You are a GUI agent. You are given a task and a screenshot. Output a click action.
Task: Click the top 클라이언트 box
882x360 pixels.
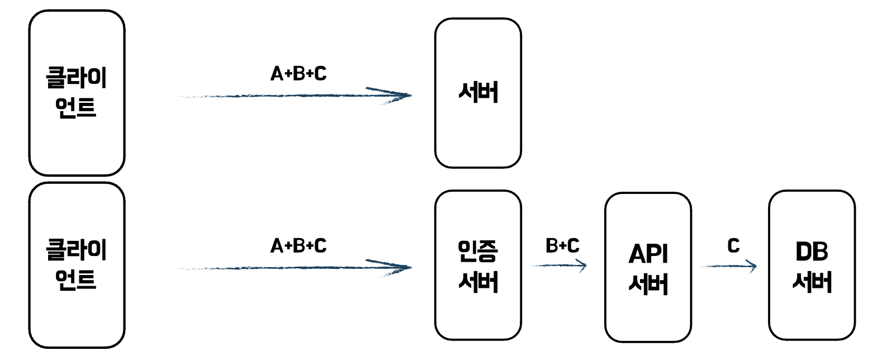click(x=77, y=93)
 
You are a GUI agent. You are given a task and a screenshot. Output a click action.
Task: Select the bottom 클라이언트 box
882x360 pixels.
click(x=77, y=265)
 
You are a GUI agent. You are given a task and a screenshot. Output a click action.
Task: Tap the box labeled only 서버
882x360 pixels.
click(x=478, y=93)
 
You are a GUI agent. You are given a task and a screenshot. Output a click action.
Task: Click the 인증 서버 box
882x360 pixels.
click(x=478, y=265)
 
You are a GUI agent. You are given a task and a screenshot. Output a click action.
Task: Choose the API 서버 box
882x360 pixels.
click(x=648, y=267)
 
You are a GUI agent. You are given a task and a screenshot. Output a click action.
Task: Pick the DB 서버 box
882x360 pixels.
click(x=812, y=265)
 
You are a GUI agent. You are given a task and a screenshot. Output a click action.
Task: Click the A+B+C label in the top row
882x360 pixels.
click(x=298, y=74)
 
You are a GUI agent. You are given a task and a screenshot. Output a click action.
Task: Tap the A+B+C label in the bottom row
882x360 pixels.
click(x=298, y=246)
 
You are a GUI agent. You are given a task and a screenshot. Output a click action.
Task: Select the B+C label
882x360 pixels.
click(x=562, y=245)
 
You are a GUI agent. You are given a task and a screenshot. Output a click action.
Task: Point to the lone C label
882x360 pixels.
click(x=733, y=245)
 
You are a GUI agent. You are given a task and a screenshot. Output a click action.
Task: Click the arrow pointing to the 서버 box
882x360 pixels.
click(x=295, y=96)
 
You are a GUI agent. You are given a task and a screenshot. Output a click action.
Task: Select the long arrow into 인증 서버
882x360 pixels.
click(x=295, y=268)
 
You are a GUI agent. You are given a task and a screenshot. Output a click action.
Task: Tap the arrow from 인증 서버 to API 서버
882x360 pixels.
click(x=558, y=266)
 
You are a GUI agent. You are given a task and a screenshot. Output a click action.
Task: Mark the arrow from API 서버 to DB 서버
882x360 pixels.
click(x=728, y=266)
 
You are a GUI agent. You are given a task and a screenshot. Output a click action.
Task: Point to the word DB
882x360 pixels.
click(x=812, y=252)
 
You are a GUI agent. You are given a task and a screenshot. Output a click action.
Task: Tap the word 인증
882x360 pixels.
click(x=478, y=251)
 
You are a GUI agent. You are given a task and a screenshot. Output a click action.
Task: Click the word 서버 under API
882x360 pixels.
click(x=648, y=284)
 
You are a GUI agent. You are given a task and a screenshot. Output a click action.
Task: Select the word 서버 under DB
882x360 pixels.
click(x=812, y=282)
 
